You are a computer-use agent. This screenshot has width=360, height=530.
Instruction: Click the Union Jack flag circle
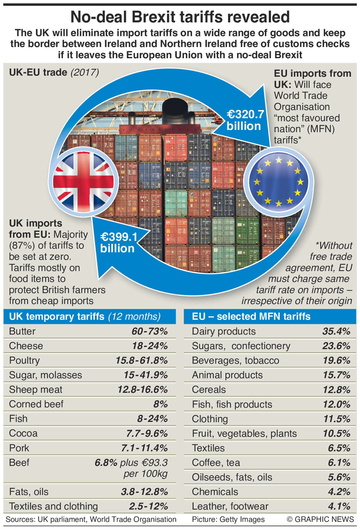point(83,182)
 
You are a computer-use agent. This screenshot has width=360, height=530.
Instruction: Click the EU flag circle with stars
point(279,182)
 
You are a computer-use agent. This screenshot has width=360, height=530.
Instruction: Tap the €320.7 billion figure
point(245,120)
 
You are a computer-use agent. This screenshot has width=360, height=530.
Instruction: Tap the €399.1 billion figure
point(119,242)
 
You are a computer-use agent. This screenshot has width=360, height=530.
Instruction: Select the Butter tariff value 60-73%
point(150,331)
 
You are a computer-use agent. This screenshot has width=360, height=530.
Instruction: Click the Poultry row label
point(24,360)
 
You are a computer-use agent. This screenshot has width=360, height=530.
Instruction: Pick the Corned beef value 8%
point(161,404)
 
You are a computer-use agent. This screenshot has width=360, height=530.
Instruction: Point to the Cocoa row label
point(23,433)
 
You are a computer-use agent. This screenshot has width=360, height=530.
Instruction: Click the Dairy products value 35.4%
point(336,331)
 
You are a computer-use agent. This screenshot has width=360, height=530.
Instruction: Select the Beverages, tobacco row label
point(235,360)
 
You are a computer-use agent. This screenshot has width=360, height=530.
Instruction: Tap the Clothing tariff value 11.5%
point(337,419)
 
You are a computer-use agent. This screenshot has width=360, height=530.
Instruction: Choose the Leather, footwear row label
point(230,506)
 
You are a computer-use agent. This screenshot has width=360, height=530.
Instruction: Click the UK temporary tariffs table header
point(85,316)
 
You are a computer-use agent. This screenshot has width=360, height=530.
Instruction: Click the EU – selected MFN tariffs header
point(251,316)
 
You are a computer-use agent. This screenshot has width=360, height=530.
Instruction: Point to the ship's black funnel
point(175,111)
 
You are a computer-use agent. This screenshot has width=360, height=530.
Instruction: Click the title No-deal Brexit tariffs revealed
point(180,17)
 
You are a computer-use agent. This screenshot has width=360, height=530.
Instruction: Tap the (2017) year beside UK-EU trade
point(85,72)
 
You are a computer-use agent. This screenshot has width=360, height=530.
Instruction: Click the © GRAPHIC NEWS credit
point(320,519)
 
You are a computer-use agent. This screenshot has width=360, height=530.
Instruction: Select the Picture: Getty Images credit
point(228,519)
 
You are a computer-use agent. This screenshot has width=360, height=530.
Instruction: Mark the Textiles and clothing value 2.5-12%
point(148,506)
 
